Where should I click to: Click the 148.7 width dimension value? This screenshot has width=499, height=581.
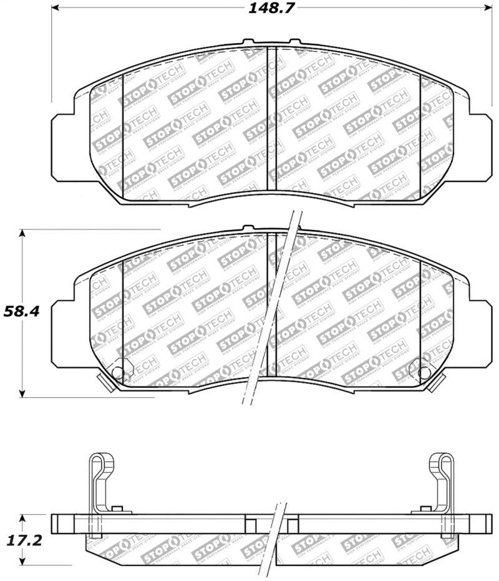pyautogui.click(x=271, y=8)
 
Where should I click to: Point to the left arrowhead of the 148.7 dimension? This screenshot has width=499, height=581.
pyautogui.click(x=54, y=8)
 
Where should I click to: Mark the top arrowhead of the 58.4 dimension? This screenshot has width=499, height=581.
pyautogui.click(x=23, y=233)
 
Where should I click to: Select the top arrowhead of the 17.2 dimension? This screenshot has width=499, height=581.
pyautogui.click(x=23, y=517)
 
